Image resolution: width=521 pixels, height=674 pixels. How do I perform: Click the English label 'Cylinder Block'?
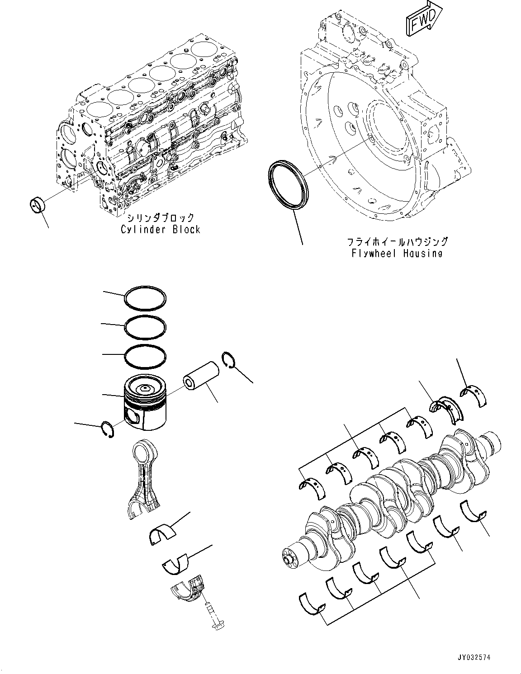(x=160, y=230)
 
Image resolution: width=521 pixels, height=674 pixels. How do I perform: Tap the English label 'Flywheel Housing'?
(x=397, y=253)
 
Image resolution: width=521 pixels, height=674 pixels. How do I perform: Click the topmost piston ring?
(x=145, y=298)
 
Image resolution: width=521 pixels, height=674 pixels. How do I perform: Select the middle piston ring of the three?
(x=145, y=326)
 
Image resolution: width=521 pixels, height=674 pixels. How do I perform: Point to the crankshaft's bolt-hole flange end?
(x=289, y=558)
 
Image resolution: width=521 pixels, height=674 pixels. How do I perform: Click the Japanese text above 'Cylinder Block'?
(x=160, y=217)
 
